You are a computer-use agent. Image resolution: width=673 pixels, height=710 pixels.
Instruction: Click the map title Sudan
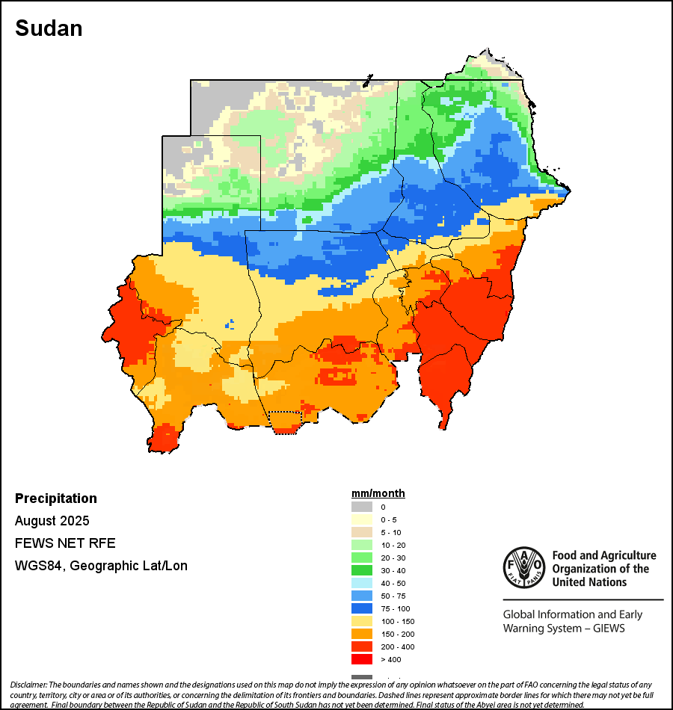49,28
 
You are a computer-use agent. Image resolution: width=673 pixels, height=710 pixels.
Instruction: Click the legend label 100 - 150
397,621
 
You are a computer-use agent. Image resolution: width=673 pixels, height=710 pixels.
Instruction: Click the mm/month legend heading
378,493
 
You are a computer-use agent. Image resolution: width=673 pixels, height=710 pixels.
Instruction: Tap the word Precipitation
56,498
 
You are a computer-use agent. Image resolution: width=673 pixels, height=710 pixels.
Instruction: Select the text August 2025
52,520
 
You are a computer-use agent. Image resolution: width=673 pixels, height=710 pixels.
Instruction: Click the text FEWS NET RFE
65,543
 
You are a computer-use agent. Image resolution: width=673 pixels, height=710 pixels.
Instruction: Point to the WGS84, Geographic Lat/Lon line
101,566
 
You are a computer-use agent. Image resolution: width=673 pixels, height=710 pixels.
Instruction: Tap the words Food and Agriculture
604,555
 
